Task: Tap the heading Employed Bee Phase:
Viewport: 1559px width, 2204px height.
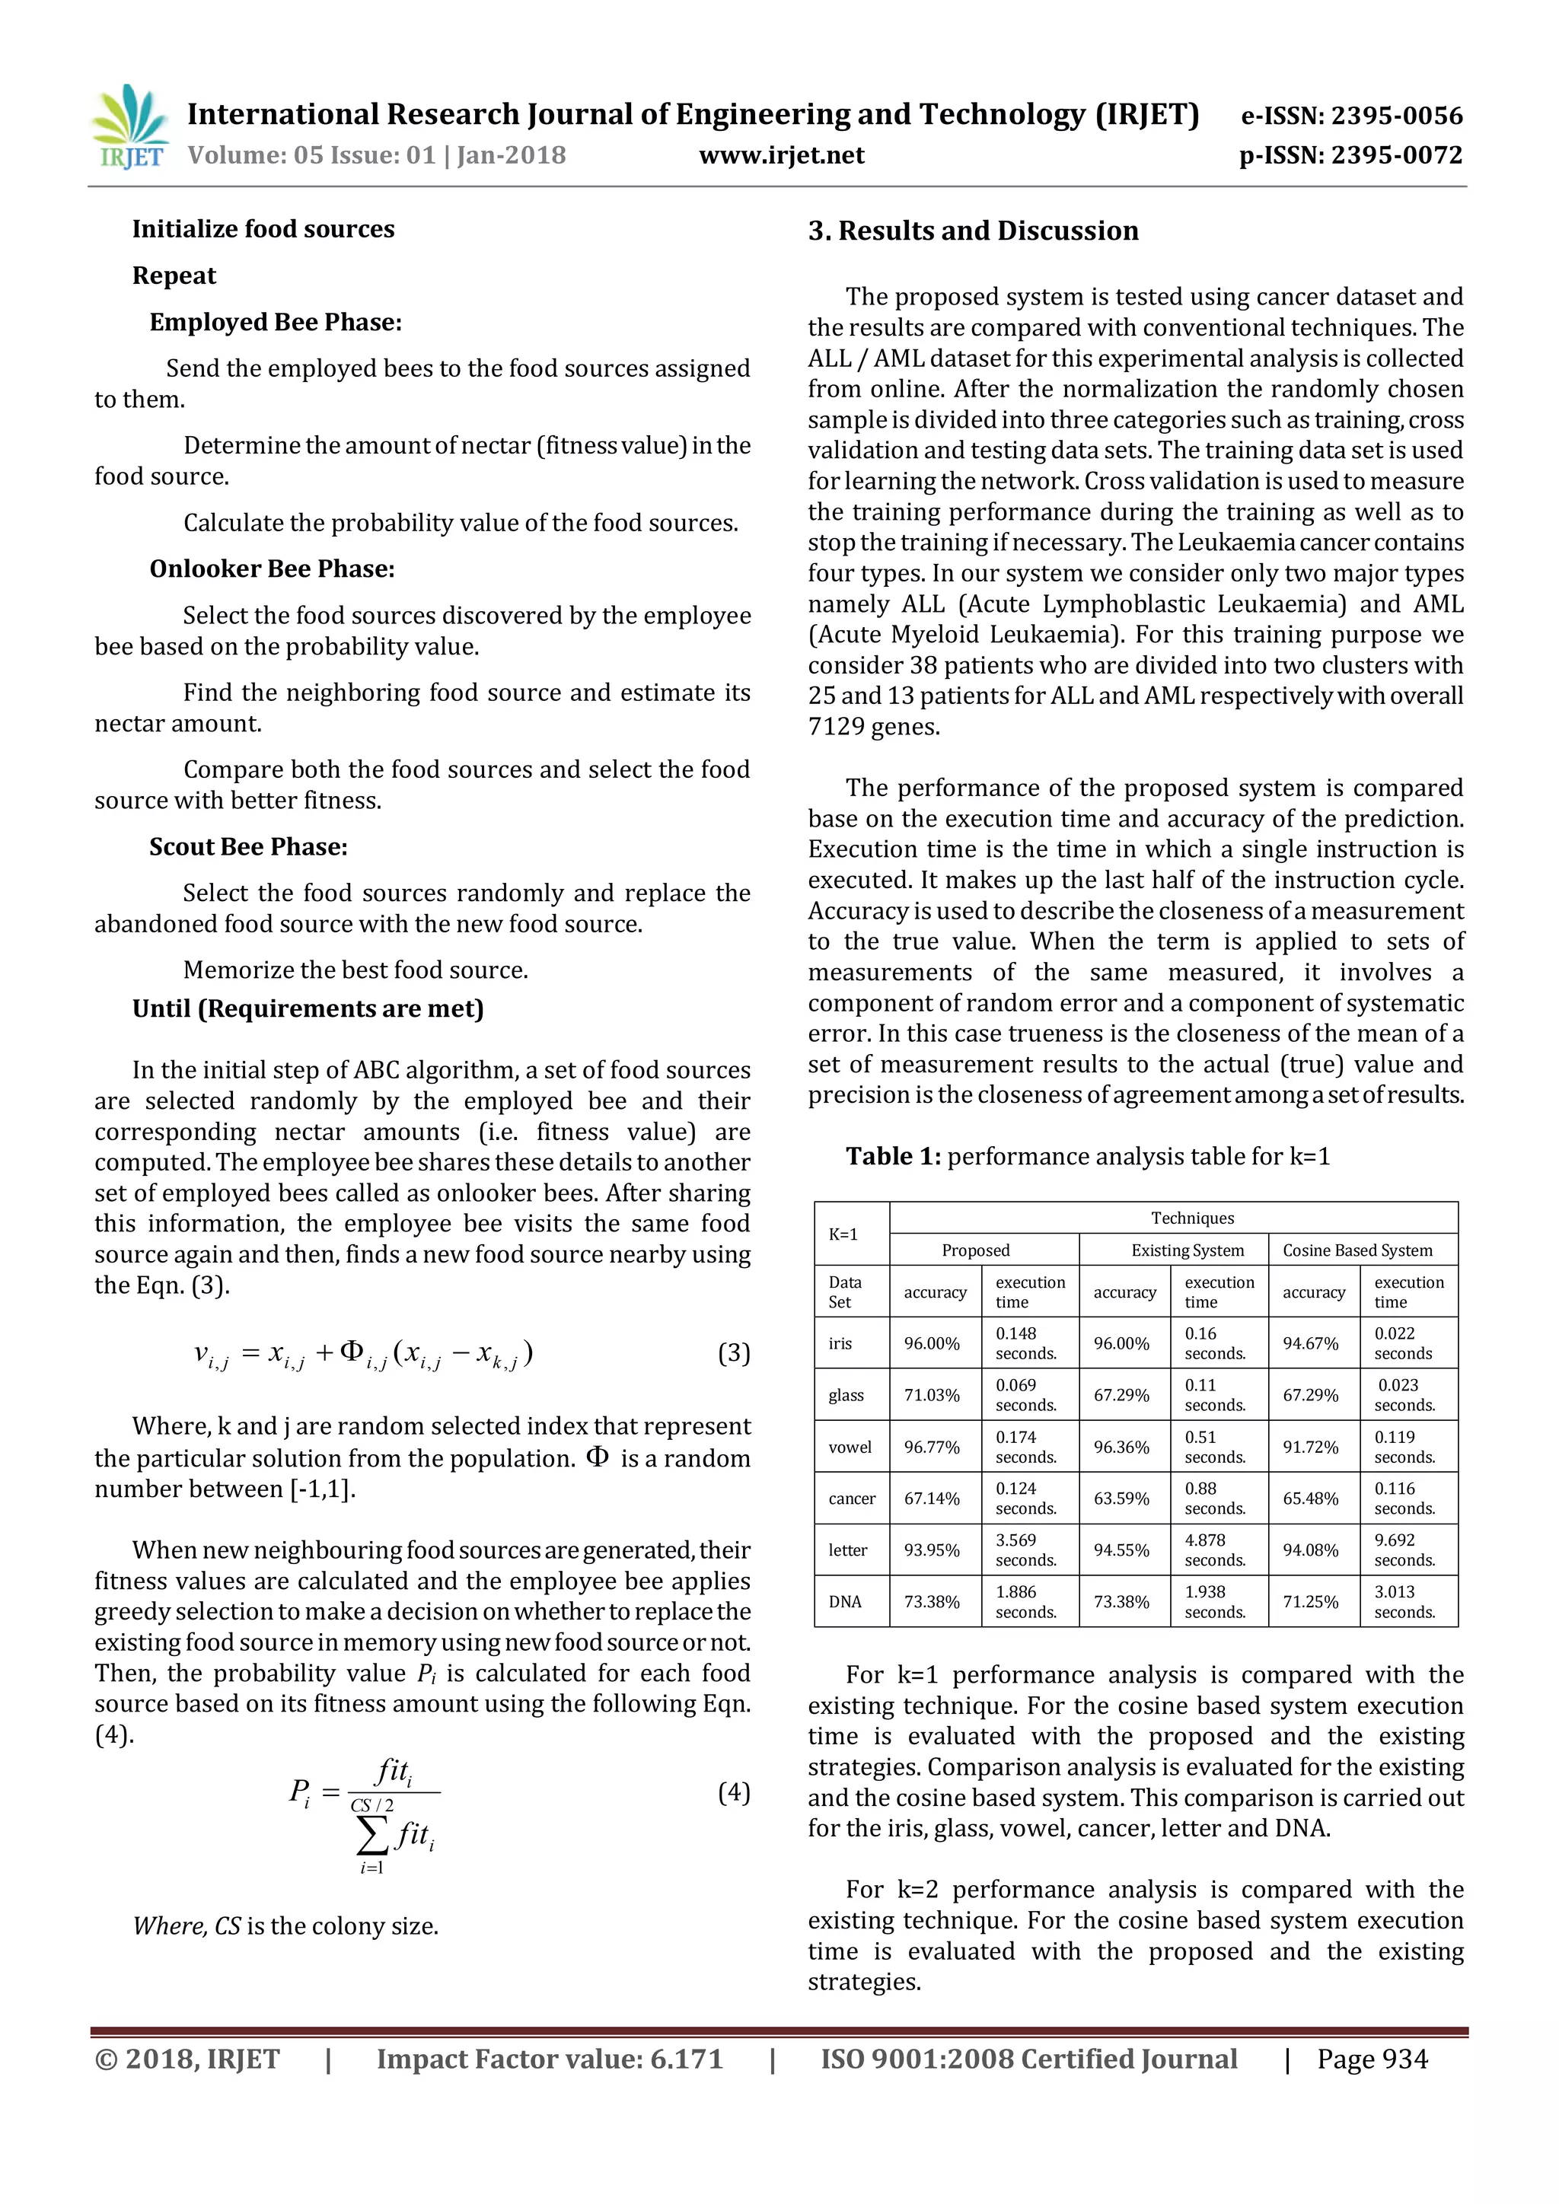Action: coord(276,323)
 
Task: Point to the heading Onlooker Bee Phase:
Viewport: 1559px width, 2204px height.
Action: coord(272,569)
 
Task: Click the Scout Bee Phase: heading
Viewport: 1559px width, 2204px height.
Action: coord(249,846)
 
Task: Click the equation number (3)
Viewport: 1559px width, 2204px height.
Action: coord(733,1353)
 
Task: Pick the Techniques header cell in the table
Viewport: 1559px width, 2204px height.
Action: coord(1191,1218)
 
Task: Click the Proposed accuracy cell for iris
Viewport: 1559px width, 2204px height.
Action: coord(931,1344)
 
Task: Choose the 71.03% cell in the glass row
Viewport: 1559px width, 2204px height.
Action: coord(931,1396)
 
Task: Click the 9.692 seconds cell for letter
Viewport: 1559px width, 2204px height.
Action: coord(1404,1550)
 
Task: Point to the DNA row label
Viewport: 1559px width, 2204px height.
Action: coord(845,1602)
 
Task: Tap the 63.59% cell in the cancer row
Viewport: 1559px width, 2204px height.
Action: coord(1121,1499)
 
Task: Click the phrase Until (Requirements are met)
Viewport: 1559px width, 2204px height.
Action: coord(308,1009)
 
